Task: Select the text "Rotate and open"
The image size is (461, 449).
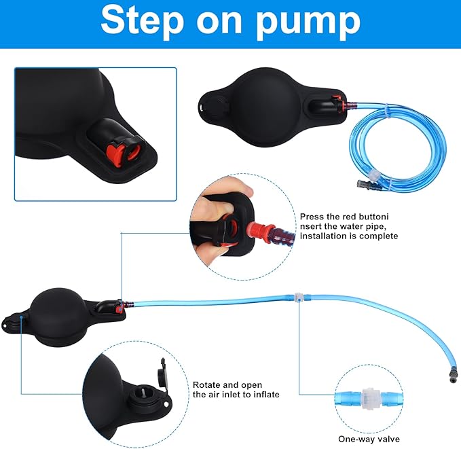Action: click(x=227, y=384)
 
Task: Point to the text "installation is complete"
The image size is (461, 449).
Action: click(x=349, y=236)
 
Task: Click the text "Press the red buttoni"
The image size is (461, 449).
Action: click(x=345, y=217)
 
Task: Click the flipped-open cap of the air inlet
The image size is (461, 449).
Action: click(x=164, y=373)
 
